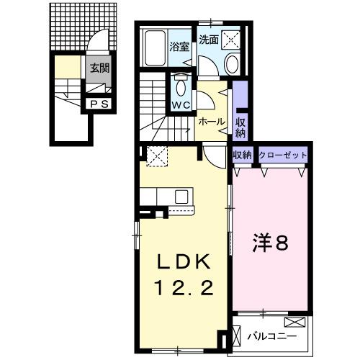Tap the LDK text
180,261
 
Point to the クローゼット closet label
283,156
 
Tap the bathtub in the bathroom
153,48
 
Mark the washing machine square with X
233,40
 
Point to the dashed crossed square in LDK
156,154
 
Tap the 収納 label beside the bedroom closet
241,156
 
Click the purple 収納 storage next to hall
240,118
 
